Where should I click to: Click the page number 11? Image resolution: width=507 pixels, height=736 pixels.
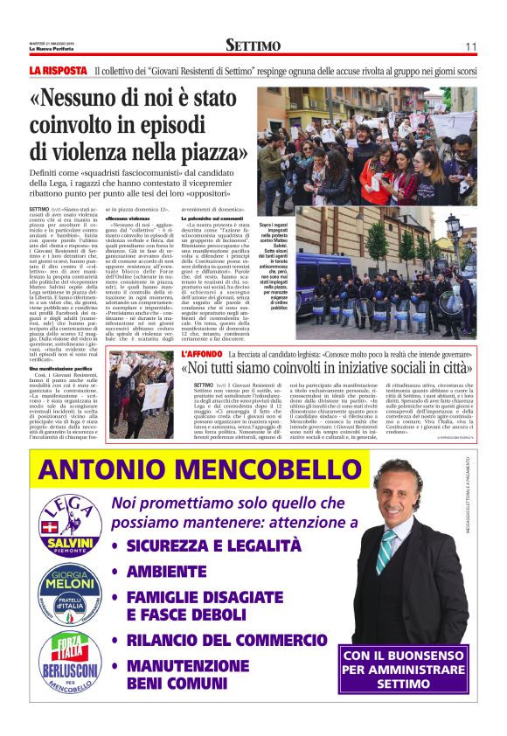tap(470, 45)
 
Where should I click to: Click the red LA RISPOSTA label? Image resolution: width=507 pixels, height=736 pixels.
tap(59, 70)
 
